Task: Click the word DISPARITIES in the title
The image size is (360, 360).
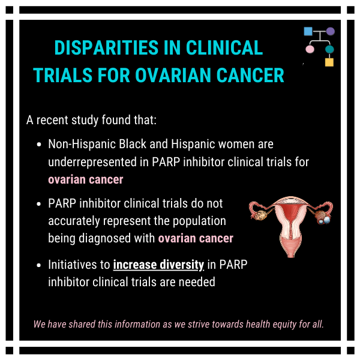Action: tap(107, 48)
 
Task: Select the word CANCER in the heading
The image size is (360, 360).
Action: tap(250, 76)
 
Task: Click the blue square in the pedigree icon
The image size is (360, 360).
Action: tap(308, 31)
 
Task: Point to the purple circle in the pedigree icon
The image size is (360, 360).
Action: tap(331, 31)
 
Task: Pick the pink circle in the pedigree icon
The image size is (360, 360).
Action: tap(310, 49)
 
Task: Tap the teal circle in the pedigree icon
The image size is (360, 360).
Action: tap(329, 49)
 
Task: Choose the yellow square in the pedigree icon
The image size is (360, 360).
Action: tap(329, 62)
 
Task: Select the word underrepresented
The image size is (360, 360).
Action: tap(92, 162)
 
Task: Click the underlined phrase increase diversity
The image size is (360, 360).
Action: tap(158, 265)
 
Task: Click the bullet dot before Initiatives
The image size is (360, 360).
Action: tap(39, 265)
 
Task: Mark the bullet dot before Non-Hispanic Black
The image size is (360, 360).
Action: tap(39, 145)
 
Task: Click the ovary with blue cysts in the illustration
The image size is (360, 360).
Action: tap(323, 217)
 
